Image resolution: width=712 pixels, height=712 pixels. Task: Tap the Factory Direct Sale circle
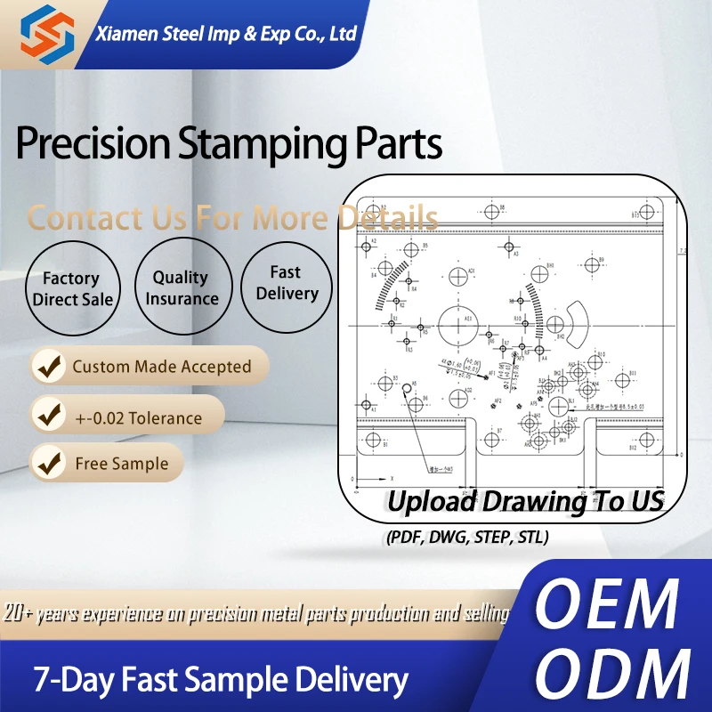[73, 289]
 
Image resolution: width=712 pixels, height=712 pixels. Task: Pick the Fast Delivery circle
[286, 283]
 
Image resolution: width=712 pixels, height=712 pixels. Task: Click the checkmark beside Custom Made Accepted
[50, 367]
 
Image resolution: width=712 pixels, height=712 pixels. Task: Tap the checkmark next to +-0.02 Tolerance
[50, 416]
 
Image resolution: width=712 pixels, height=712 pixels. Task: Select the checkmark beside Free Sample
[50, 463]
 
